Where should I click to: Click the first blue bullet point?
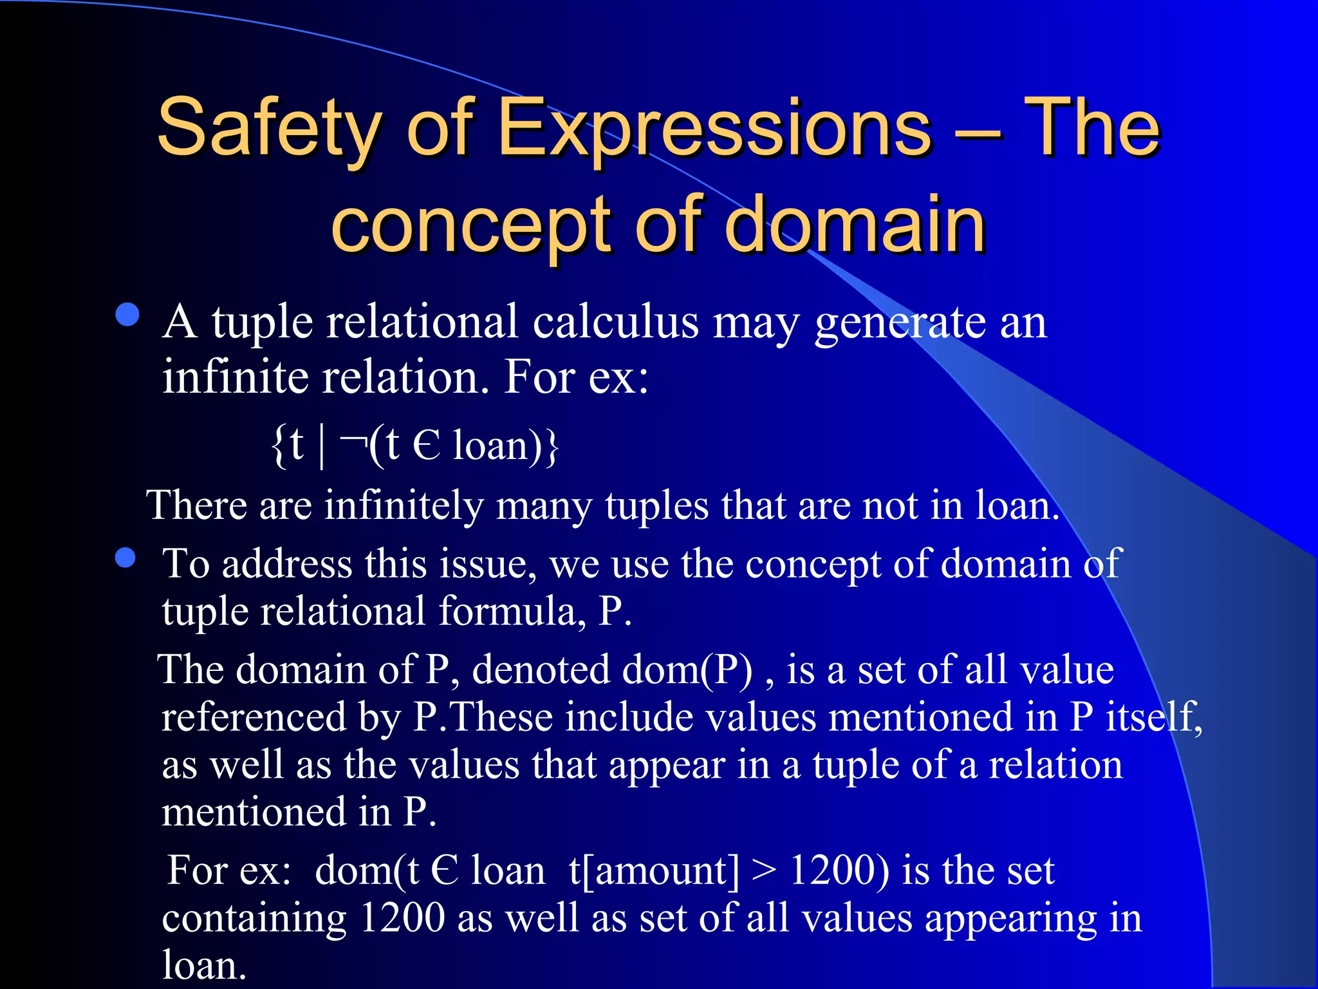[x=128, y=316]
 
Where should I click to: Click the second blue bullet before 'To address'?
[x=125, y=558]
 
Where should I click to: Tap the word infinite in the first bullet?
[x=235, y=377]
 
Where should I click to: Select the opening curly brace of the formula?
[x=278, y=446]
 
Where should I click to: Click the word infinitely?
[x=404, y=505]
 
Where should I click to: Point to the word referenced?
[x=254, y=717]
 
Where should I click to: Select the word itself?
[x=1153, y=717]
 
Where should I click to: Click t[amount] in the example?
[x=654, y=871]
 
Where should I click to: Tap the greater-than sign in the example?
[x=764, y=872]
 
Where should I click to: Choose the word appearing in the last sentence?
[x=1010, y=919]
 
